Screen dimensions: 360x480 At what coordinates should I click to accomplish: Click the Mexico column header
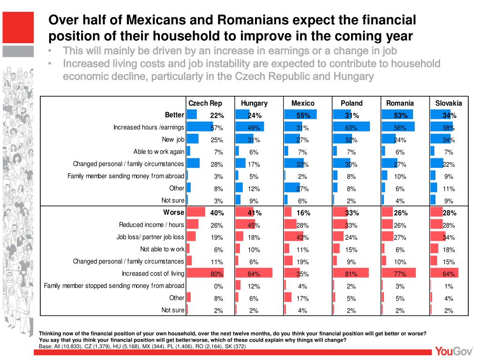point(303,103)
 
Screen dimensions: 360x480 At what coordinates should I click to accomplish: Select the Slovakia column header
point(449,103)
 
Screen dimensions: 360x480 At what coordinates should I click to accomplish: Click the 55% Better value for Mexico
point(303,115)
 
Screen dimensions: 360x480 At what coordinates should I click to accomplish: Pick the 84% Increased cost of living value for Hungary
point(254,274)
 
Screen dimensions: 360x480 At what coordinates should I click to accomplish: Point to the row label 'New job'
point(173,140)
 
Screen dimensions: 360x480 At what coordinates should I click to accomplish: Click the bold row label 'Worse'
point(173,212)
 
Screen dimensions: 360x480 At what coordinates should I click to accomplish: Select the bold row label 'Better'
point(174,115)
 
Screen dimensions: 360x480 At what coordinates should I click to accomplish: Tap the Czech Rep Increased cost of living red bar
point(205,273)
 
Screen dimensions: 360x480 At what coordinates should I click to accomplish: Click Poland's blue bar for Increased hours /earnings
point(351,127)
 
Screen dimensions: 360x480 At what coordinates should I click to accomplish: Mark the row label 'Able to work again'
point(159,151)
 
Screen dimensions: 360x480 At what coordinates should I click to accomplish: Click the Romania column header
point(400,103)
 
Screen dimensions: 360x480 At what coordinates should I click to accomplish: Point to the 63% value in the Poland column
point(352,127)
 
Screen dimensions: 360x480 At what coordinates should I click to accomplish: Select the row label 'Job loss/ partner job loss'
point(150,237)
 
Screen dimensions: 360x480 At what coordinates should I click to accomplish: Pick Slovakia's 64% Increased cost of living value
point(449,274)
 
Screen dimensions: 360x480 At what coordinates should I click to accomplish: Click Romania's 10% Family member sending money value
point(400,176)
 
